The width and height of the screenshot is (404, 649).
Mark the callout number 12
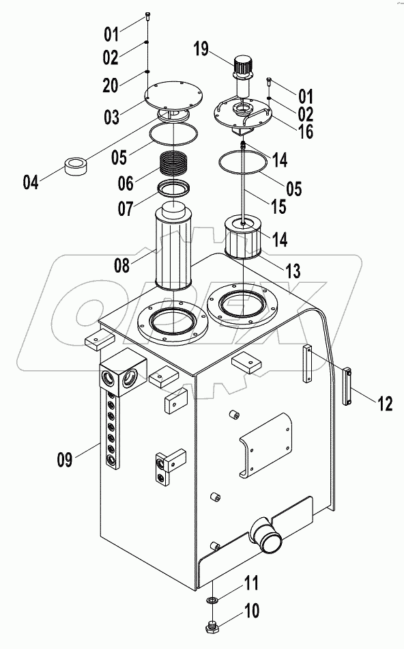pyautogui.click(x=384, y=404)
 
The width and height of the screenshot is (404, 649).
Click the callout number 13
pyautogui.click(x=292, y=271)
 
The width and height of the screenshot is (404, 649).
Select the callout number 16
pyautogui.click(x=305, y=130)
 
